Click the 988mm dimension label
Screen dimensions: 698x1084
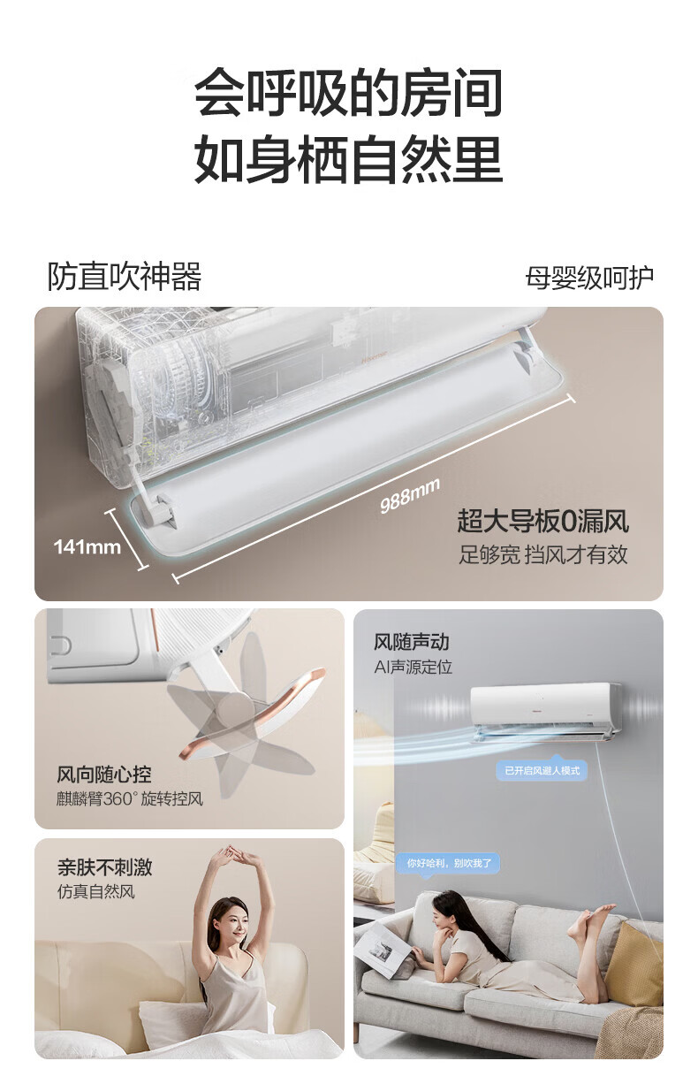(410, 494)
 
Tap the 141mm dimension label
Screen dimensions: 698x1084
(87, 547)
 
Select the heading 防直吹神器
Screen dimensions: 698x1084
(125, 277)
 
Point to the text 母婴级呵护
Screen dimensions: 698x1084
(589, 278)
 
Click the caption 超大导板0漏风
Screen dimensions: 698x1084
(542, 521)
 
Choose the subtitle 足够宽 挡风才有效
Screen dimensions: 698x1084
(543, 554)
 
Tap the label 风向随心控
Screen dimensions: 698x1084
(104, 775)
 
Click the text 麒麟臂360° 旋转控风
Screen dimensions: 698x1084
(129, 798)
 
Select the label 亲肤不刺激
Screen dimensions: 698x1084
(104, 867)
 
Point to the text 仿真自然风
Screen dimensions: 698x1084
(95, 891)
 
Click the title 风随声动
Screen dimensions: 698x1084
(411, 642)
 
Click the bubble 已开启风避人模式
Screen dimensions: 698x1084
(542, 770)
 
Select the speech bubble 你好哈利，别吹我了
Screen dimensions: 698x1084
(449, 863)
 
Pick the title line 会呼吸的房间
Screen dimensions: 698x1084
(349, 92)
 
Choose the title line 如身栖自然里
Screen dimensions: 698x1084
(349, 159)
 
